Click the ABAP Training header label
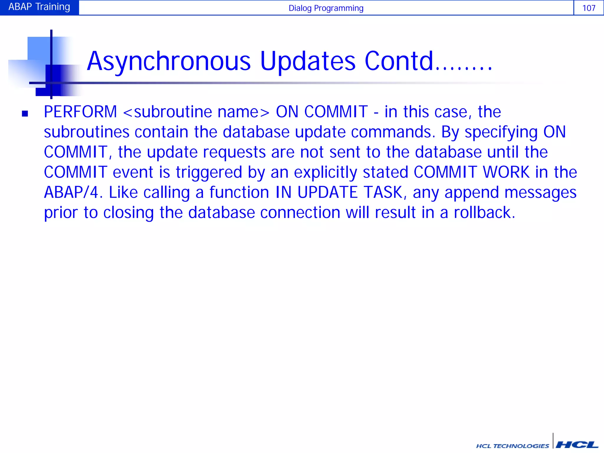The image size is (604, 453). [39, 7]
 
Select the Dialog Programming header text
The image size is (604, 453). [326, 8]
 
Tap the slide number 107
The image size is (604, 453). [589, 8]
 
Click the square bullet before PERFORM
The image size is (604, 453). [25, 114]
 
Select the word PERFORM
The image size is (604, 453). [80, 112]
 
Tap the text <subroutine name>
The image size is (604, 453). [196, 112]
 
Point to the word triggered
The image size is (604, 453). [209, 173]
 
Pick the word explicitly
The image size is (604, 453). [325, 173]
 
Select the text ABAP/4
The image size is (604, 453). [71, 192]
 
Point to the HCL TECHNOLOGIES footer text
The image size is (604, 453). [512, 446]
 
